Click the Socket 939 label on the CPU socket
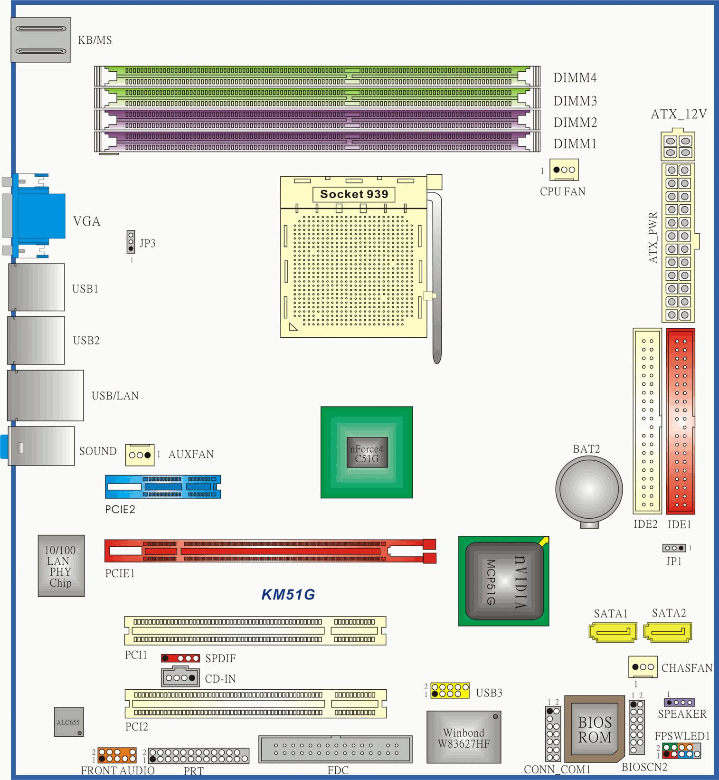(354, 194)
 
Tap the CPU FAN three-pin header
(564, 170)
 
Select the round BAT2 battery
(589, 489)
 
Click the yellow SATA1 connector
(613, 632)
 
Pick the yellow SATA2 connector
(668, 632)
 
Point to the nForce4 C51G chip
(367, 452)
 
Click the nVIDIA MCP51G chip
(504, 581)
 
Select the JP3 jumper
(131, 242)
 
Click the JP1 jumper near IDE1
(674, 548)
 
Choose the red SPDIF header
(180, 658)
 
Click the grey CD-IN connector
(180, 677)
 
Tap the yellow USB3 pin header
(450, 690)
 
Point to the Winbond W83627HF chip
(464, 737)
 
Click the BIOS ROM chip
(595, 730)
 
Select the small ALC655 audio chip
(69, 722)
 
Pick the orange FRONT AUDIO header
(117, 755)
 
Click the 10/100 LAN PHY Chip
(61, 566)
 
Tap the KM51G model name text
(288, 594)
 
